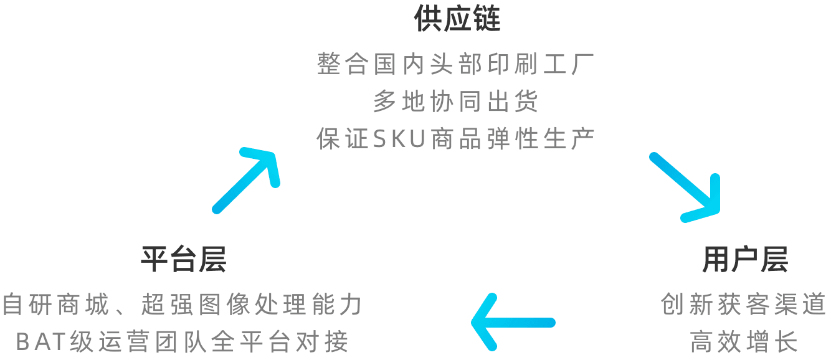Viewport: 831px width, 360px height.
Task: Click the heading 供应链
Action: tap(457, 18)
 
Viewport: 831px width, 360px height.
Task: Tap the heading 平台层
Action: tap(184, 259)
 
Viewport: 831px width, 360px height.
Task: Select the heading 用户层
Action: tap(745, 259)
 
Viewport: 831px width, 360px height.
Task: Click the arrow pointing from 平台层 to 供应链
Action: tap(246, 181)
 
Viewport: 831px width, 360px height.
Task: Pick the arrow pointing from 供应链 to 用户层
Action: tap(685, 187)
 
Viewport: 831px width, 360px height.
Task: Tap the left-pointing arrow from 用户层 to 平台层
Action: tap(513, 322)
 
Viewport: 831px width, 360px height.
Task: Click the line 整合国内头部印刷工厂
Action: tap(455, 64)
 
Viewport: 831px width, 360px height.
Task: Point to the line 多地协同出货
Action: tap(455, 101)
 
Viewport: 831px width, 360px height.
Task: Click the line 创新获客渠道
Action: tap(744, 304)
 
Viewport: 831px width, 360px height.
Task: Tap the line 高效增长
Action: tap(744, 341)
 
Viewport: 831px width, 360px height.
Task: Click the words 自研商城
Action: tap(55, 304)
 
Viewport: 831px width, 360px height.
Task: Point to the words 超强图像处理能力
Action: tap(252, 304)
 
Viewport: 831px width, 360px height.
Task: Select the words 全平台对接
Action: tap(280, 341)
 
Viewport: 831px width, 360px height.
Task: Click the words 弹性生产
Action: tap(541, 139)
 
